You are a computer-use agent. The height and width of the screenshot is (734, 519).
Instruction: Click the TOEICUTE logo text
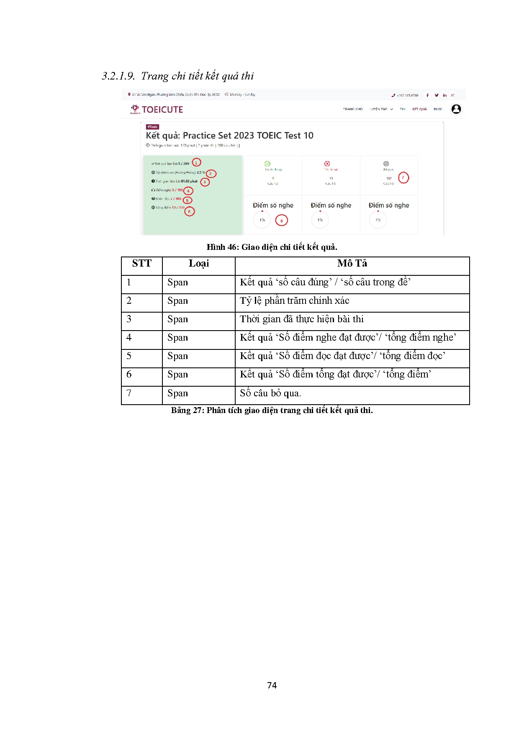[x=162, y=110]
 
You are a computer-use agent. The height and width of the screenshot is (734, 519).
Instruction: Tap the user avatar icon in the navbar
[x=456, y=109]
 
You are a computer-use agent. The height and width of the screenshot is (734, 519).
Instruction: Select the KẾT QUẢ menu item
[x=419, y=109]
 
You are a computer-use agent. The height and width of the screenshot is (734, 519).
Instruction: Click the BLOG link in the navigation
[x=438, y=109]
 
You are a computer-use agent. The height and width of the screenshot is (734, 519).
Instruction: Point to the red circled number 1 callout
[x=196, y=163]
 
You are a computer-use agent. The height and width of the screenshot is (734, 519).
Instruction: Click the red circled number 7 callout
[x=403, y=177]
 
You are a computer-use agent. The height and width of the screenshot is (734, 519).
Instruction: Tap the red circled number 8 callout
[x=281, y=220]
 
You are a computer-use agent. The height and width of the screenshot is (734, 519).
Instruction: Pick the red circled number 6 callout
[x=189, y=211]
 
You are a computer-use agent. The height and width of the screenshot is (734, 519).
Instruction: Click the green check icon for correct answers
[x=267, y=164]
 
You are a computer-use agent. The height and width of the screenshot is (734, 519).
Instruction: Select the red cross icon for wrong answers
[x=327, y=164]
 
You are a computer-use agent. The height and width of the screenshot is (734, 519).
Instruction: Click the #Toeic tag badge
[x=152, y=127]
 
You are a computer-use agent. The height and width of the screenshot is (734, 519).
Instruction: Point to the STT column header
[x=141, y=264]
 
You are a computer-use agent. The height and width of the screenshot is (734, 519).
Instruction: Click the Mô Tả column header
[x=352, y=264]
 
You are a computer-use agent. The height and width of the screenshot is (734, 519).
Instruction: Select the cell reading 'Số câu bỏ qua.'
[x=270, y=393]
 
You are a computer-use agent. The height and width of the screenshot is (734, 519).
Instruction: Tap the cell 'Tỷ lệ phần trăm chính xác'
[x=294, y=301]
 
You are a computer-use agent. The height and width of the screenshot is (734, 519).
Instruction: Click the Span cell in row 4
[x=177, y=338]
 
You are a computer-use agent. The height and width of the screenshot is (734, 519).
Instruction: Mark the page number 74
[x=272, y=685]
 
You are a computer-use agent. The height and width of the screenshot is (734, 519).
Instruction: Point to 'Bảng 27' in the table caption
[x=187, y=411]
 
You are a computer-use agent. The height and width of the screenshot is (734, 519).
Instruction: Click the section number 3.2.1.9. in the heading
[x=118, y=76]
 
